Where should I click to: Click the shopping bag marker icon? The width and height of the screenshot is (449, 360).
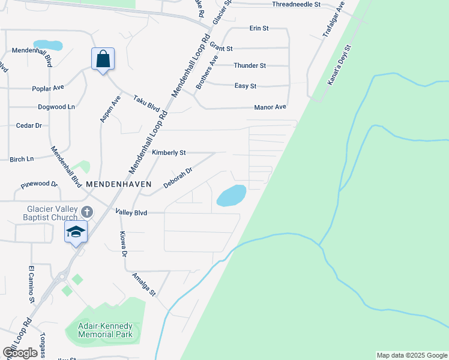tap(103, 59)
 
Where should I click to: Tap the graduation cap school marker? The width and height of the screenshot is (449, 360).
tap(76, 231)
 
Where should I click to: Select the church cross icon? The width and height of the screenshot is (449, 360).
tap(87, 212)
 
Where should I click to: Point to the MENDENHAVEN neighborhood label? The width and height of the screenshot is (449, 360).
tap(119, 184)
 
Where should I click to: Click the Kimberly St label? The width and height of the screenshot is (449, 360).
tap(169, 153)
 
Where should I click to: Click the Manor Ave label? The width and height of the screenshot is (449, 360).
tap(270, 107)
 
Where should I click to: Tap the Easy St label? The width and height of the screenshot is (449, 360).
tap(246, 86)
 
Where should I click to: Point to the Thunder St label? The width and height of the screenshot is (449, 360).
tap(250, 65)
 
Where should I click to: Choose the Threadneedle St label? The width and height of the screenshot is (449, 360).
tap(296, 4)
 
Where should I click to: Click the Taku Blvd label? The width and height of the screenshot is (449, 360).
tap(146, 103)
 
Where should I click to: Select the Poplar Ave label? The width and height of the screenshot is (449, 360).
tap(48, 88)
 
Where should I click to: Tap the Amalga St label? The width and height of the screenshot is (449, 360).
tap(145, 284)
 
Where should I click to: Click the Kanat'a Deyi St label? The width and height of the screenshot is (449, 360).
tap(339, 64)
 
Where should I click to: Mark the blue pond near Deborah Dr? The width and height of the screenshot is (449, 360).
tap(231, 195)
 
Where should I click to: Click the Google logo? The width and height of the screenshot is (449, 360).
tap(20, 353)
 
